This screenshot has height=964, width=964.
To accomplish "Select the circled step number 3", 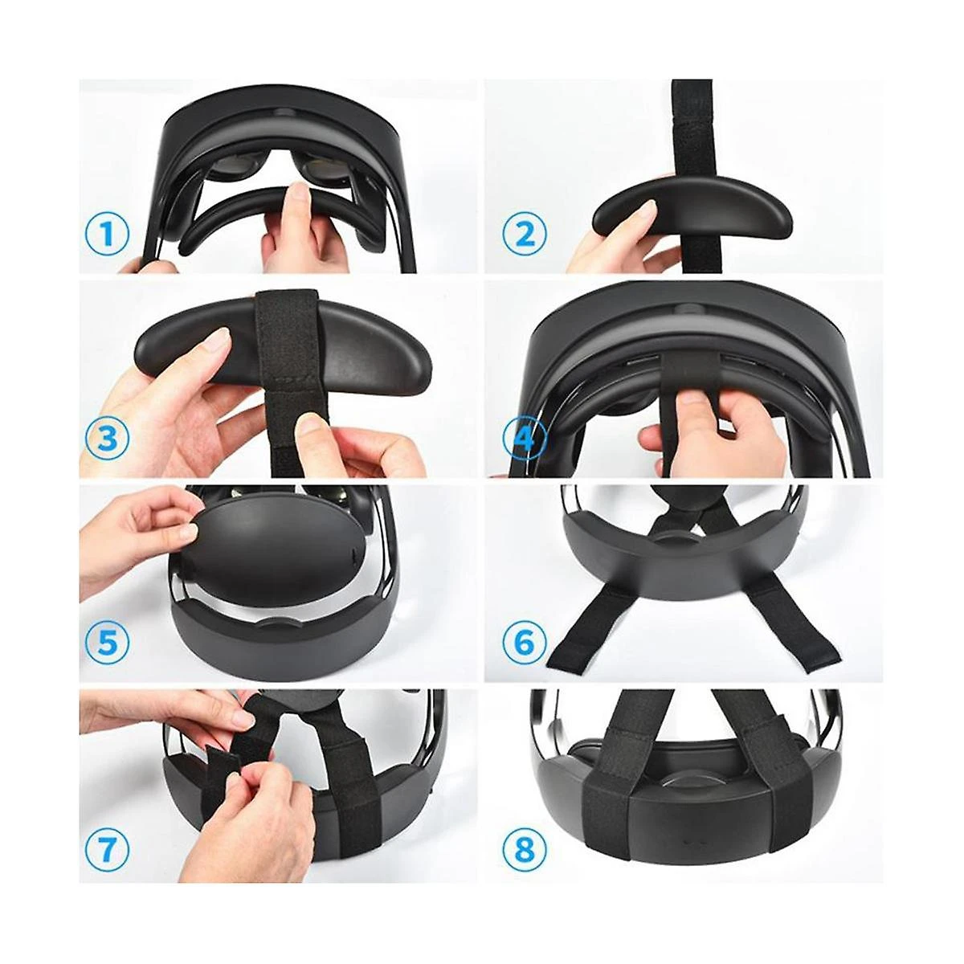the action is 107,439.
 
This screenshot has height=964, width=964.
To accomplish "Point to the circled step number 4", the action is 524,439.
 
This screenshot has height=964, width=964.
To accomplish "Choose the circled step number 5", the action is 107,643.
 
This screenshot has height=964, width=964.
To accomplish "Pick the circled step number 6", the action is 524,643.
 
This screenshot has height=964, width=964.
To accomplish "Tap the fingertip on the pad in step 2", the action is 648,209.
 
